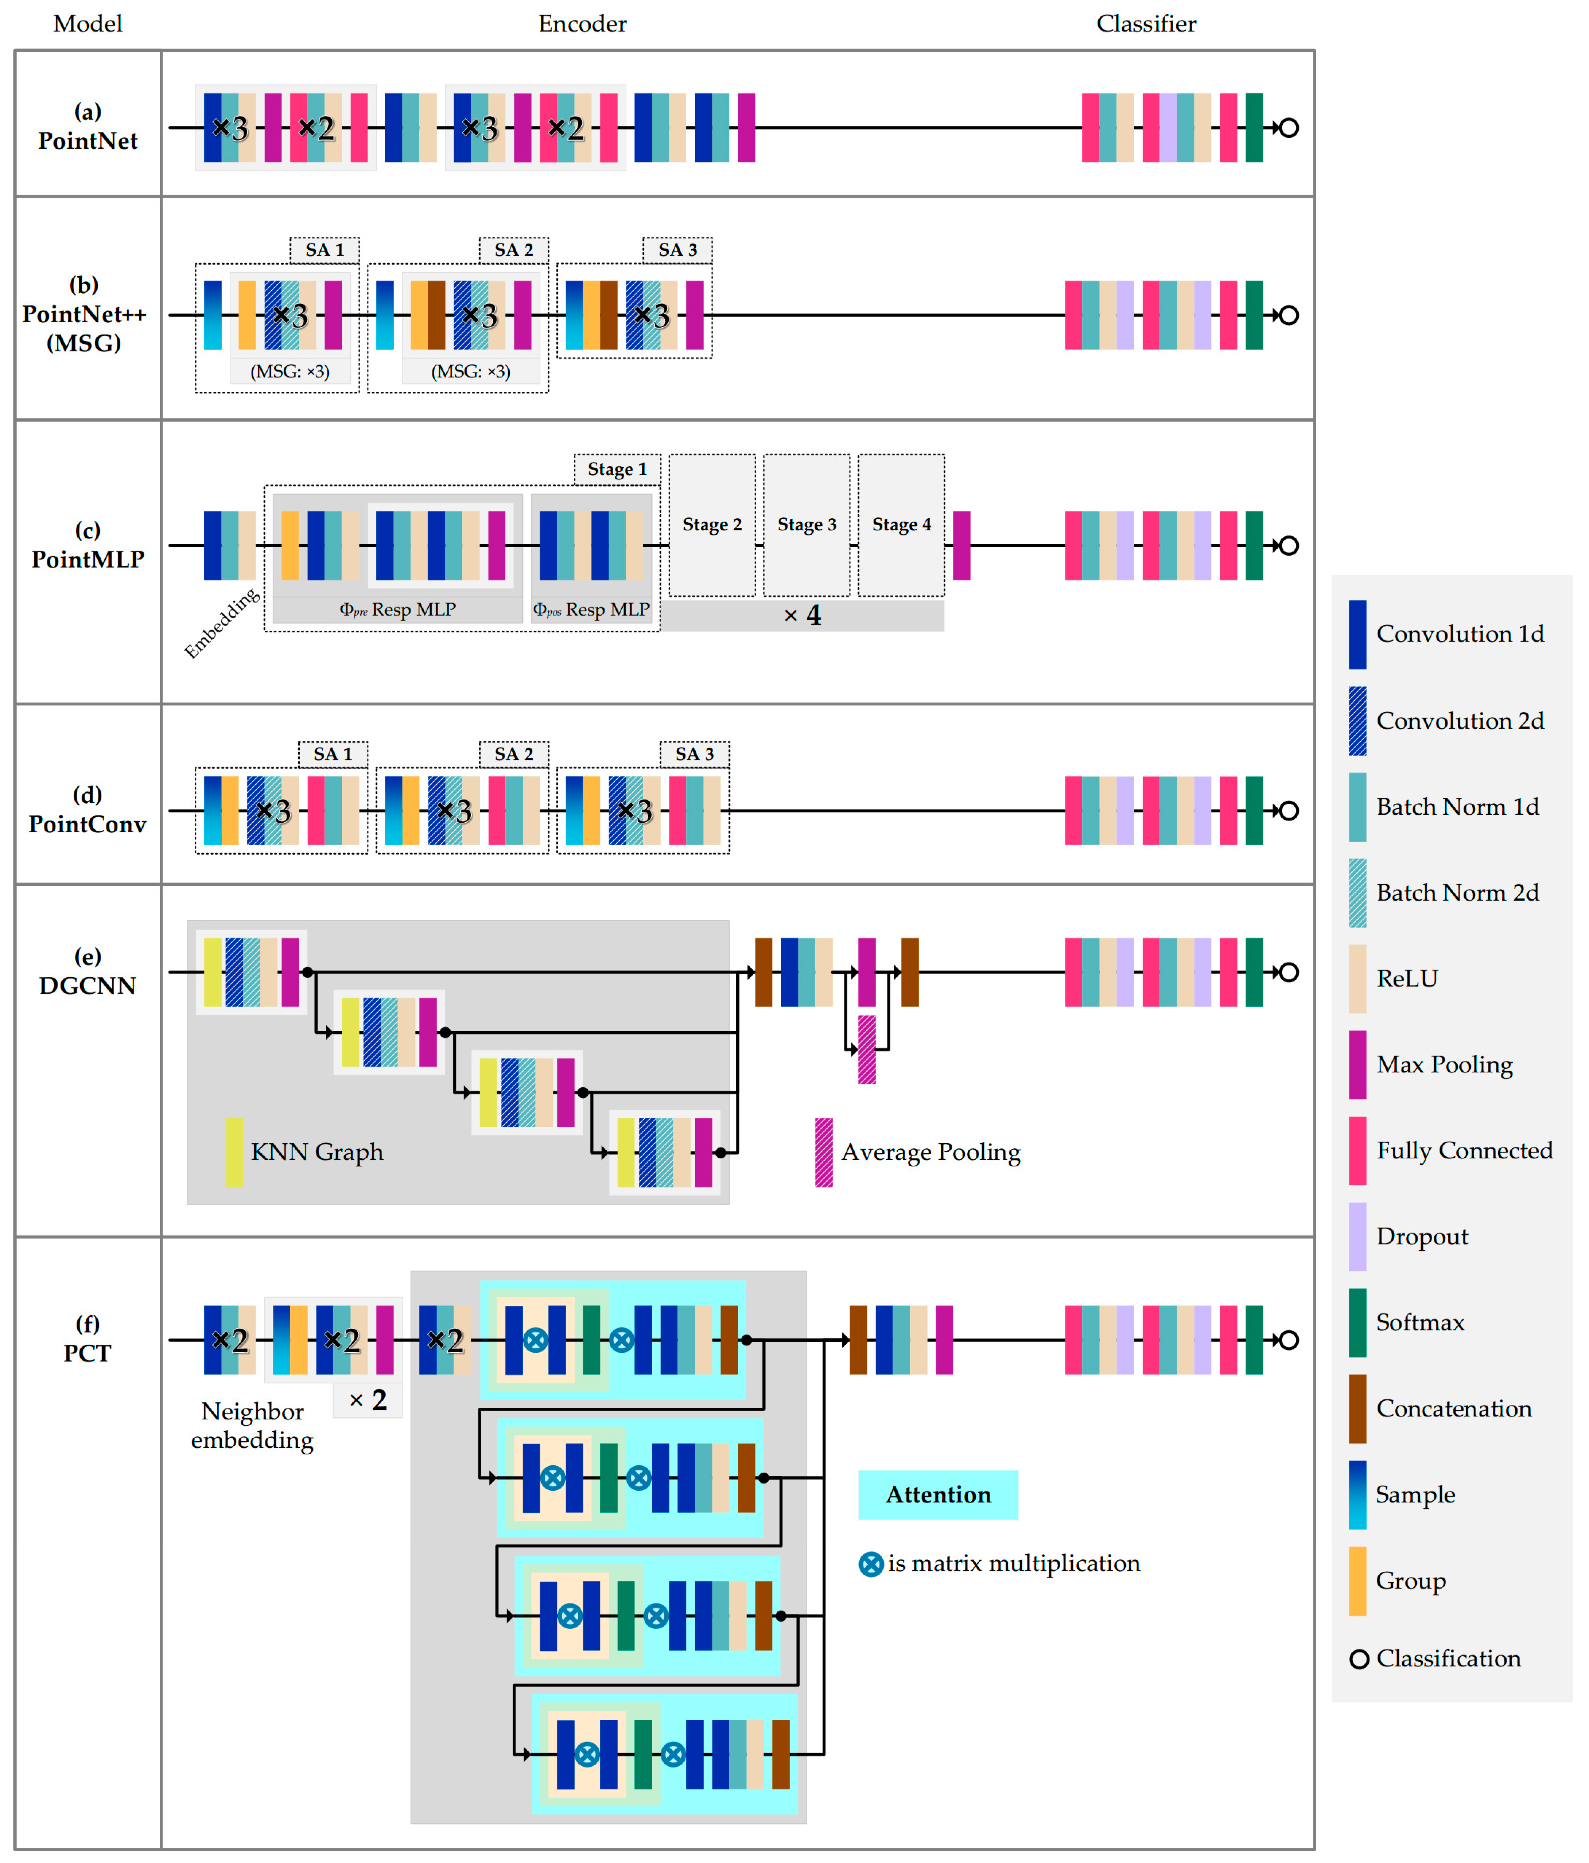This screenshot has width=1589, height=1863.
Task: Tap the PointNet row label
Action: pyautogui.click(x=87, y=127)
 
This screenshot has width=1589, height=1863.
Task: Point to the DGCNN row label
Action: pyautogui.click(x=87, y=972)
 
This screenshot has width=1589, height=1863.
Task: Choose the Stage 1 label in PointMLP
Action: pyautogui.click(x=617, y=469)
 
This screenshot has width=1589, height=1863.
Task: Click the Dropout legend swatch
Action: pyautogui.click(x=1357, y=1236)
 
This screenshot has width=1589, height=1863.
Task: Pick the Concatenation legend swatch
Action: pyautogui.click(x=1357, y=1408)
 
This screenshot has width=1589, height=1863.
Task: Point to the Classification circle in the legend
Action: pyautogui.click(x=1359, y=1659)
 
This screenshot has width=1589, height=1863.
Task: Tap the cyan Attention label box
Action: pyautogui.click(x=938, y=1494)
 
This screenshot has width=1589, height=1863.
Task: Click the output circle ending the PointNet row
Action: pyautogui.click(x=1288, y=128)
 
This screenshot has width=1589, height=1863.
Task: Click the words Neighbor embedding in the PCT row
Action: pyautogui.click(x=253, y=1425)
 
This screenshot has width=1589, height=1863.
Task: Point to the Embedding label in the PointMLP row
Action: pyautogui.click(x=221, y=622)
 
